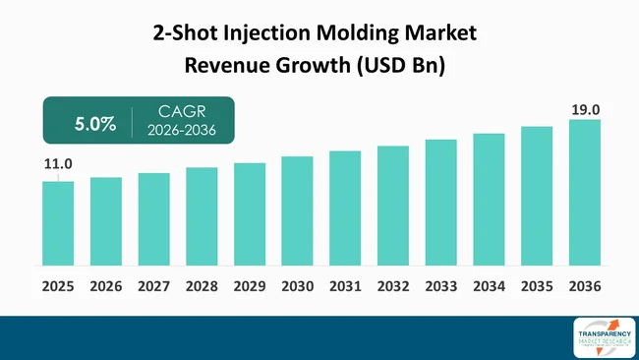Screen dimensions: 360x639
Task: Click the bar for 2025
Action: click(x=58, y=223)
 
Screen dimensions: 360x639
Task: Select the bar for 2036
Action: click(x=585, y=193)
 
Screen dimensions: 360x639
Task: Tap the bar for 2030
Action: click(x=297, y=210)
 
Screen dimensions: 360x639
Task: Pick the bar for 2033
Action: click(x=441, y=203)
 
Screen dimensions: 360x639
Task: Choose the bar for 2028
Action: click(x=202, y=216)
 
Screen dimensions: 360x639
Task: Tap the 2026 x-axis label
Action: click(x=105, y=286)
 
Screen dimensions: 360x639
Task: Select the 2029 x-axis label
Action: click(x=250, y=286)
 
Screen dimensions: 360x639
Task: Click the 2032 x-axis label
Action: click(x=393, y=286)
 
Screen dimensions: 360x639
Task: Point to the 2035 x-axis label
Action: click(x=537, y=286)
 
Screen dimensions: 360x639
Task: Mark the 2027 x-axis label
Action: click(x=153, y=286)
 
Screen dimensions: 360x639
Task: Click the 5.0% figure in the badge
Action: click(x=95, y=125)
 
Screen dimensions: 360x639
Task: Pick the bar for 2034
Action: click(x=489, y=200)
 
